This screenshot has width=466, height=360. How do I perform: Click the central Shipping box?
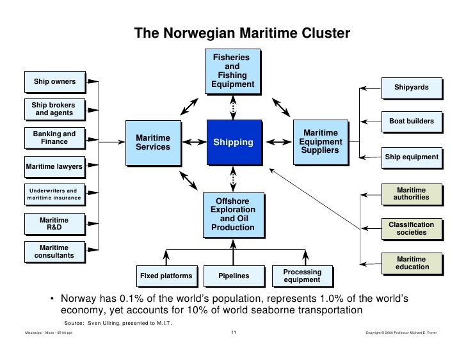click(233, 142)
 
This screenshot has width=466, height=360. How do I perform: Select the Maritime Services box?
click(153, 142)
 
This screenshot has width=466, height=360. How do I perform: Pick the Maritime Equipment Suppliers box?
click(323, 142)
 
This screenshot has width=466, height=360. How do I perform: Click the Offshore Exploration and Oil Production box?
click(233, 214)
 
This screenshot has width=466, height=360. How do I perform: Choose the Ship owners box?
click(54, 82)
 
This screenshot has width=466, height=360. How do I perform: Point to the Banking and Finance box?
click(54, 138)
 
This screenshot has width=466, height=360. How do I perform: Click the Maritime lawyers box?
click(54, 167)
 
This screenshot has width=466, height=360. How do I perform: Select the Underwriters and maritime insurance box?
click(54, 195)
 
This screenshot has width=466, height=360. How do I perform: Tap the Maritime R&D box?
click(54, 224)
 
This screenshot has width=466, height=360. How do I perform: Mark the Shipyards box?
click(412, 88)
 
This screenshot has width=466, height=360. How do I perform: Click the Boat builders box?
click(412, 121)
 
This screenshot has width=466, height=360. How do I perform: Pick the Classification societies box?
click(412, 228)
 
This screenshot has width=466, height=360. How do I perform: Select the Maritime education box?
click(412, 263)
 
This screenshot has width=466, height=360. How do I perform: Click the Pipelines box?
click(233, 276)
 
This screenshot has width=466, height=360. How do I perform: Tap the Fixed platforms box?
click(166, 276)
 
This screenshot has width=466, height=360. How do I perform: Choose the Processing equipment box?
click(301, 276)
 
